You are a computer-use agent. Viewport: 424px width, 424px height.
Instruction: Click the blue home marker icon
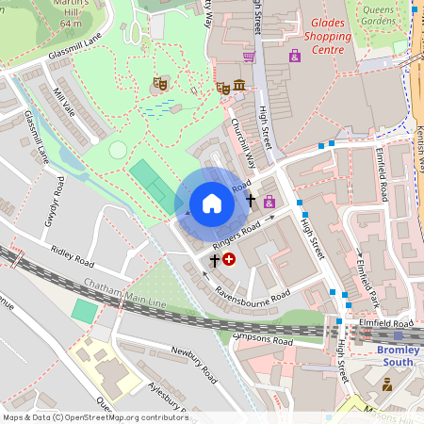212,204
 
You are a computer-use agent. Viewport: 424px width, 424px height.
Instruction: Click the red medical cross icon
229,258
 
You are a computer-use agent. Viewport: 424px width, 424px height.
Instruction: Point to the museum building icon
239,88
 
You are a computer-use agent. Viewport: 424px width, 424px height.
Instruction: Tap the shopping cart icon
249,57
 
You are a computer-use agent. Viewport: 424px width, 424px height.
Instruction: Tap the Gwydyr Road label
54,199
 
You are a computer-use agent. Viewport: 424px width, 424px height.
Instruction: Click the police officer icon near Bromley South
387,383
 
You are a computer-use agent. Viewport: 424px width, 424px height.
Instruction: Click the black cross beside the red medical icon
214,258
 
